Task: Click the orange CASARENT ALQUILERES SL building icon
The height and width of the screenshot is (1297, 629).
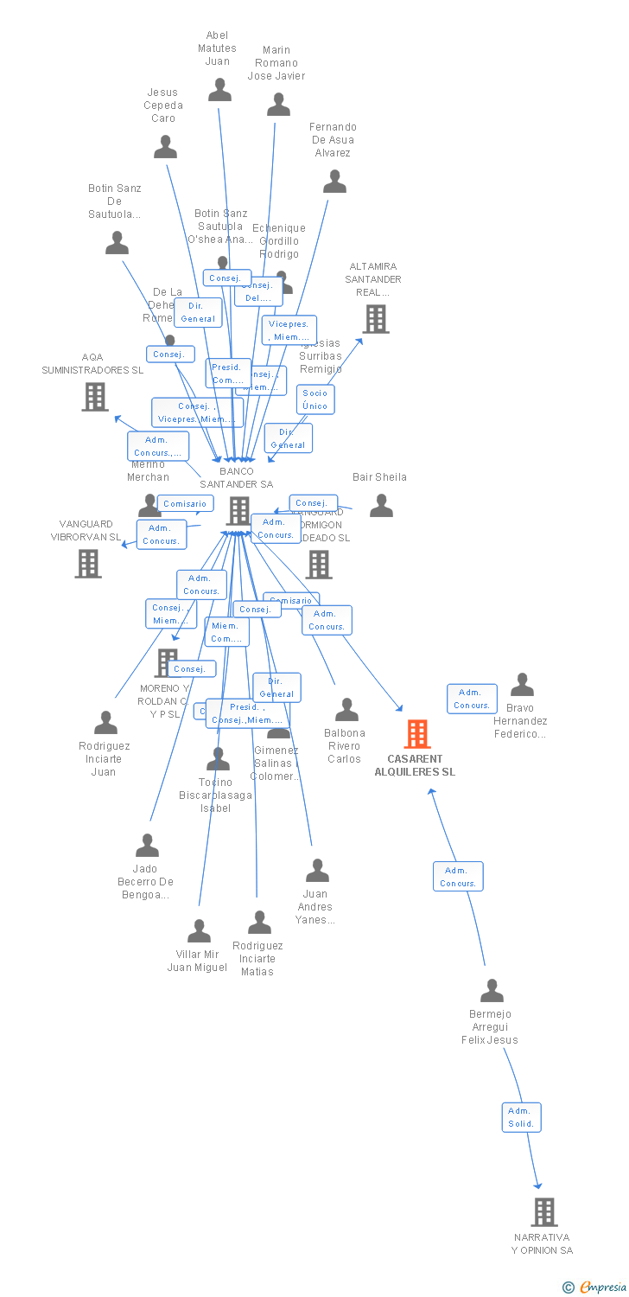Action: pos(417,734)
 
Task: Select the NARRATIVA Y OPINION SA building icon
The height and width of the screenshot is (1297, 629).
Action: pos(544,1211)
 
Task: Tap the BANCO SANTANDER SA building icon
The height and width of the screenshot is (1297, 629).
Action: pos(238,510)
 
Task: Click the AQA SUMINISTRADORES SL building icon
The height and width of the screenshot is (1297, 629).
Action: pos(95,396)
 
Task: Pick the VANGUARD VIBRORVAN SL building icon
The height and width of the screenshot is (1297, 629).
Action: pos(88,563)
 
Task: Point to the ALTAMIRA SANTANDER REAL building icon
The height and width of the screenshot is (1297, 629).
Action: pos(376,318)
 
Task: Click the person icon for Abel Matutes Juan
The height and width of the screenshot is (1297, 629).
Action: pos(219,89)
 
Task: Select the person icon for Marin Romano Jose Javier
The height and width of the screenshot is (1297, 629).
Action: pos(278,105)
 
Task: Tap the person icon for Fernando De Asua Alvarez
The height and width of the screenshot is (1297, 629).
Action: pos(334,182)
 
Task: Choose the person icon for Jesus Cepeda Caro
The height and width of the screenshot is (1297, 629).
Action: pos(165,147)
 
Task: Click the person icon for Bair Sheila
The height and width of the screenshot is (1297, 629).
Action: pos(381,505)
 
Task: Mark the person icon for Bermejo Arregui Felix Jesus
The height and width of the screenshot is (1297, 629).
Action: pos(492,990)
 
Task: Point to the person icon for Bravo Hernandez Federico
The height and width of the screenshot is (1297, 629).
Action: pos(522,685)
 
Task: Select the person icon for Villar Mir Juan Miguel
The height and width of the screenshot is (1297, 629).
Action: pos(200,931)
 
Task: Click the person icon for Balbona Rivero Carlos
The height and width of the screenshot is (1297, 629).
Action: pos(346,709)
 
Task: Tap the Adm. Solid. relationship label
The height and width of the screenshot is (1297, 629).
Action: pos(521,1117)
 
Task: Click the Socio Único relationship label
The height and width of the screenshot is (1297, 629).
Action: pos(315,399)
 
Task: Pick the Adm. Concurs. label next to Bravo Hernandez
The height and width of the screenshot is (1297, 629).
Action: pos(471,699)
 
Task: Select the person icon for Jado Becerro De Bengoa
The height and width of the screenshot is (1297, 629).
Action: pos(147,845)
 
